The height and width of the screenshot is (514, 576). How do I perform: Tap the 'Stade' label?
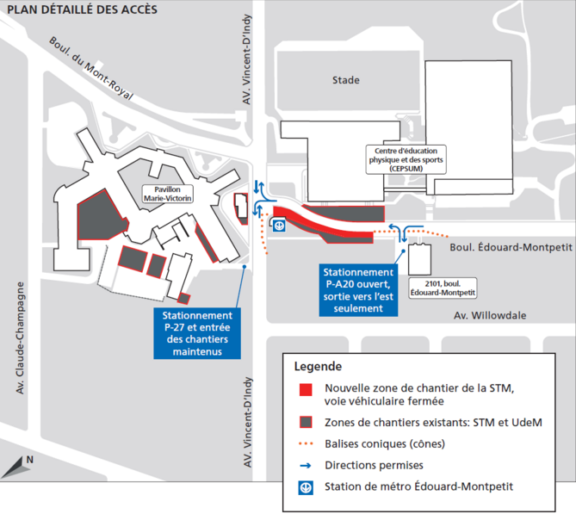345,80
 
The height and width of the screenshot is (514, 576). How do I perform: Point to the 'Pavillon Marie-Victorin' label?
167,193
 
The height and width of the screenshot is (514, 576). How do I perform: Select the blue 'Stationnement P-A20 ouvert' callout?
357,289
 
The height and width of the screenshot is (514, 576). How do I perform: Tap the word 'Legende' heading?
318,366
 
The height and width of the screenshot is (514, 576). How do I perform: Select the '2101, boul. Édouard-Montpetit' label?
431,287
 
